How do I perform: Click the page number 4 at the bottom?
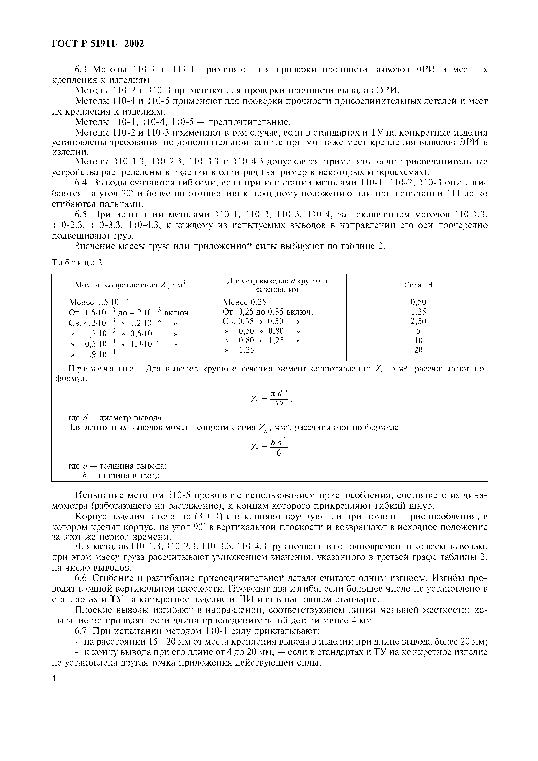54,678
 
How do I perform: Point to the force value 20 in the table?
418,350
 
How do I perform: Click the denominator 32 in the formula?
279,405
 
